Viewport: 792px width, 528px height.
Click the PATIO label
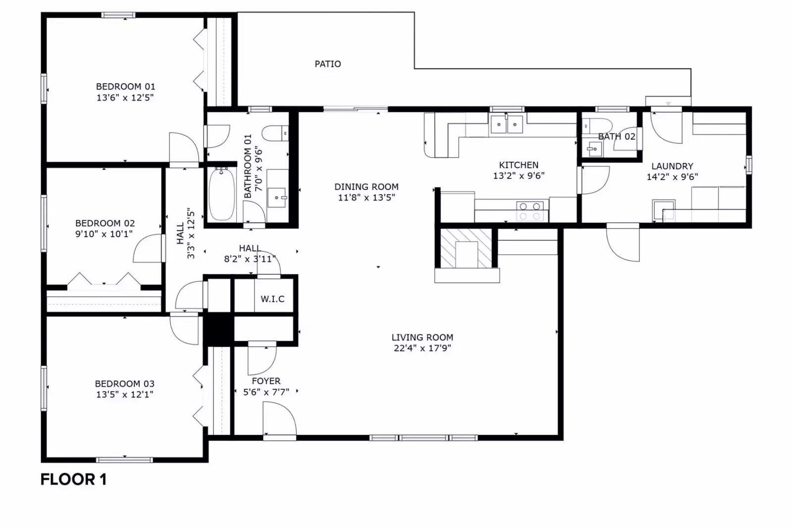[x=327, y=64]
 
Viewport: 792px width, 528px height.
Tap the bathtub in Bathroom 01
[x=221, y=195]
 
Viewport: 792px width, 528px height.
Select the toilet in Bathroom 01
[x=274, y=133]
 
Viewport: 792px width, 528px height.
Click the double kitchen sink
[x=507, y=124]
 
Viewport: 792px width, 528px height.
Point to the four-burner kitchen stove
[x=529, y=211]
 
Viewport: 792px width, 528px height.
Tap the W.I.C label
[x=272, y=299]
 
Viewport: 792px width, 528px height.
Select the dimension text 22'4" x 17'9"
[x=422, y=348]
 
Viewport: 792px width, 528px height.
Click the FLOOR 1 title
[x=73, y=479]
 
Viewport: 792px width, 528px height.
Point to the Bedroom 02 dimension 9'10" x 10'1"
[x=104, y=234]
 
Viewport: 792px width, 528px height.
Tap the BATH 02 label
[x=616, y=136]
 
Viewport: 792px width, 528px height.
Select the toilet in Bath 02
[x=596, y=125]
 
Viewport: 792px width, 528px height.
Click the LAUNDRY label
[x=672, y=166]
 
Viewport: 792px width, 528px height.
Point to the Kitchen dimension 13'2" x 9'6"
[x=519, y=176]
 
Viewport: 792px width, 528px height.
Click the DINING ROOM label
[x=366, y=187]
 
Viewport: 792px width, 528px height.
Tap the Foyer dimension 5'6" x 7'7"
[x=266, y=392]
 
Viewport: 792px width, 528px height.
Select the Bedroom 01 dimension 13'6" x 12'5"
[x=125, y=98]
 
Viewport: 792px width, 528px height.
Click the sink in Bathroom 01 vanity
[x=278, y=198]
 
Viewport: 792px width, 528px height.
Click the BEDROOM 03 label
[x=124, y=384]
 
